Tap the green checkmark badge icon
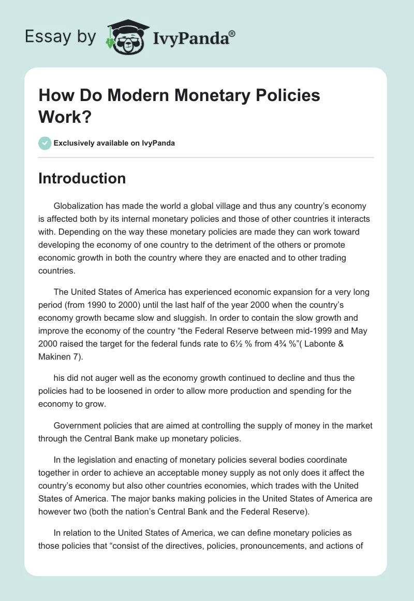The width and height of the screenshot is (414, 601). click(x=45, y=143)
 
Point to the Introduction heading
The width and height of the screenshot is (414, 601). click(x=82, y=178)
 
